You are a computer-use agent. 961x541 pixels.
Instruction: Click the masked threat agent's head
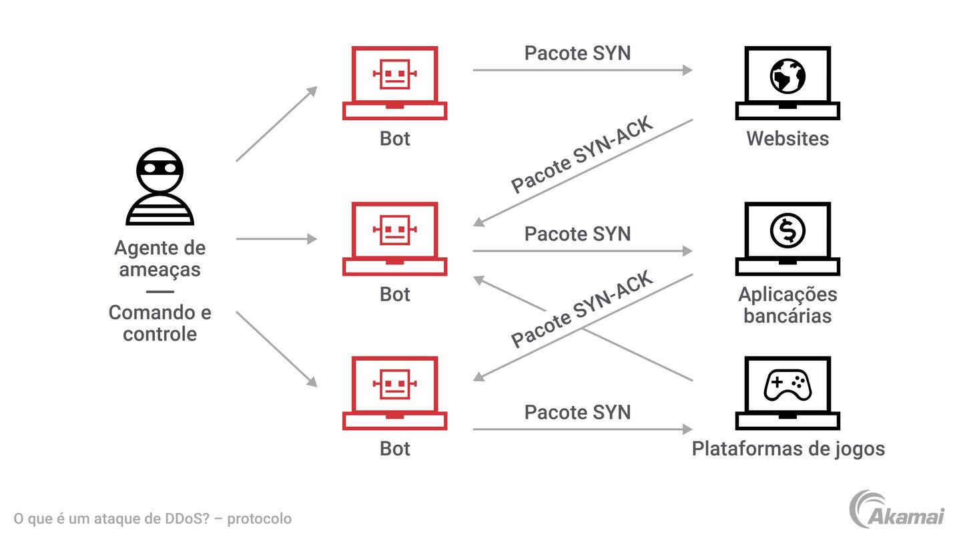(159, 170)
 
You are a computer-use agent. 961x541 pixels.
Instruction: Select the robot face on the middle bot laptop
(394, 230)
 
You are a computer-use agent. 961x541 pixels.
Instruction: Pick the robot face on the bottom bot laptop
(394, 384)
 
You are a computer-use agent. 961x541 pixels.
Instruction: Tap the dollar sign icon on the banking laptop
(787, 230)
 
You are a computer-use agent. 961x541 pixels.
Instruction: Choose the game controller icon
(787, 385)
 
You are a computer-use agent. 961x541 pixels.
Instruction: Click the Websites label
(787, 138)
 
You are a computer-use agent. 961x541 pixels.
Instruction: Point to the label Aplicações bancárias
(787, 305)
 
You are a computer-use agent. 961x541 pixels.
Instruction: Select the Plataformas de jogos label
(788, 448)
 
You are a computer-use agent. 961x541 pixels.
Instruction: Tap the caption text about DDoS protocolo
(153, 519)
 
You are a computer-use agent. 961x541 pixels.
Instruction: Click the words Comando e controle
(160, 323)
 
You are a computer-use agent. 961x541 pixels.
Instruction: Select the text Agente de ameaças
(160, 258)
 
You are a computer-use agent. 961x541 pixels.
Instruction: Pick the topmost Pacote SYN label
(577, 53)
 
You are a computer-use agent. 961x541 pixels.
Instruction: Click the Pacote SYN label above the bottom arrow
(577, 412)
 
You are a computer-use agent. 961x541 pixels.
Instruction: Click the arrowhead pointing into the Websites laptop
(687, 69)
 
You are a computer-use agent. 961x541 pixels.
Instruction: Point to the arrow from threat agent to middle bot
(276, 238)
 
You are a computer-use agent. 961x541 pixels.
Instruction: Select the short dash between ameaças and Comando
(159, 291)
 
